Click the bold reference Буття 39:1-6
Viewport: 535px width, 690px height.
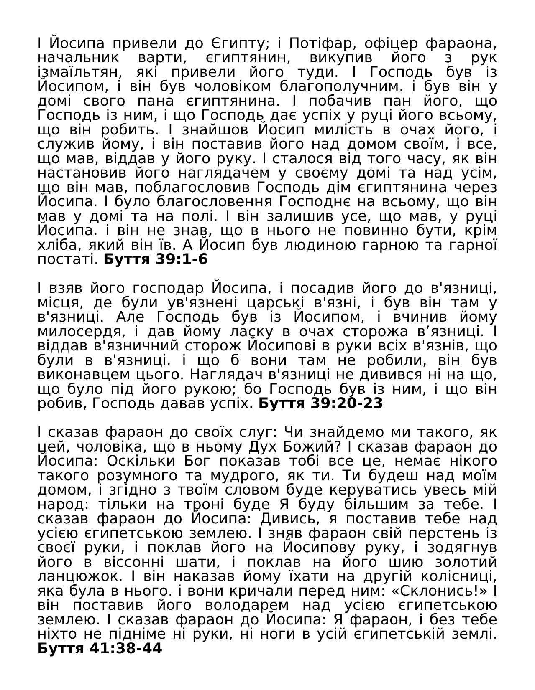click(x=155, y=259)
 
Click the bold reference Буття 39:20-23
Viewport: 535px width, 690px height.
click(x=320, y=403)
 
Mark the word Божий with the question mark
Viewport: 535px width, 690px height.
click(x=311, y=447)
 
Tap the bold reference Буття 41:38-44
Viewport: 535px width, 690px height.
click(x=100, y=649)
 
